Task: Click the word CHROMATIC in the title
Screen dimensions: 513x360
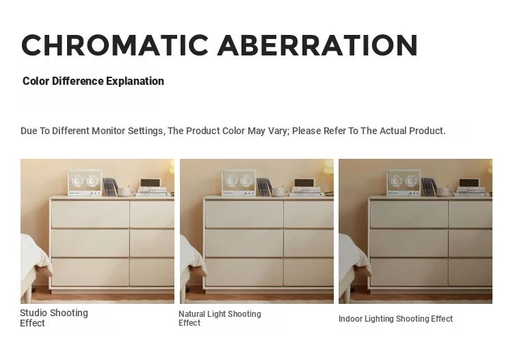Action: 115,45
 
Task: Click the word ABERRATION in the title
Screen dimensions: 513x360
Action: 317,45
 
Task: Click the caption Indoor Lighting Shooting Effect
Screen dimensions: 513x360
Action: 395,319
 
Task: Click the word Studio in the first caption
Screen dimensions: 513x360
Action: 34,313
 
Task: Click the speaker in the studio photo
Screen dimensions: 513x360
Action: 85,183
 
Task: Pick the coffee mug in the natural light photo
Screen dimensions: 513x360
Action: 280,192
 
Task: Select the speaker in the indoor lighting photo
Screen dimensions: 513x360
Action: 404,183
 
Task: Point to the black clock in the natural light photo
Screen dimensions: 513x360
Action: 304,183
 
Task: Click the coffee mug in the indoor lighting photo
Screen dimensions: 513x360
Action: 445,192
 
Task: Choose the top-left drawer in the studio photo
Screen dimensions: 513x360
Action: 90,214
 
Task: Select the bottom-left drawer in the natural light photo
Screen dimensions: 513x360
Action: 244,272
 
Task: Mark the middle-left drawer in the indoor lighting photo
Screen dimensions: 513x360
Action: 409,243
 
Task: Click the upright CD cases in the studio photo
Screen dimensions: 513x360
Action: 110,187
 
